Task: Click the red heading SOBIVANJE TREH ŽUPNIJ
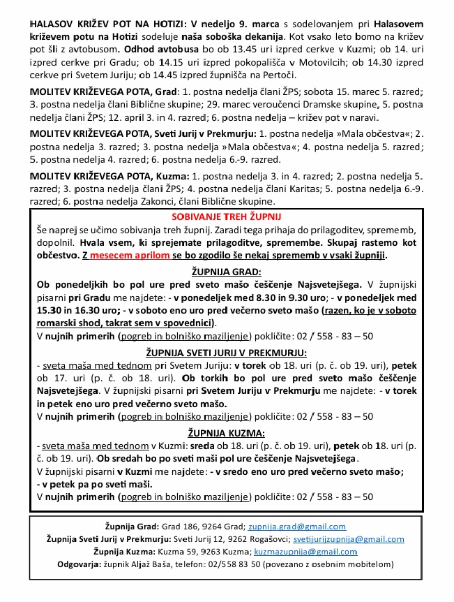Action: pyautogui.click(x=227, y=217)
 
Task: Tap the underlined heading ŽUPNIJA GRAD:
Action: pyautogui.click(x=227, y=271)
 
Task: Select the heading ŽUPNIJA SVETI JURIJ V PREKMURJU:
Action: pyautogui.click(x=227, y=353)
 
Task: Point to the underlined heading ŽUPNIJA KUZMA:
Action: pyautogui.click(x=227, y=433)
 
